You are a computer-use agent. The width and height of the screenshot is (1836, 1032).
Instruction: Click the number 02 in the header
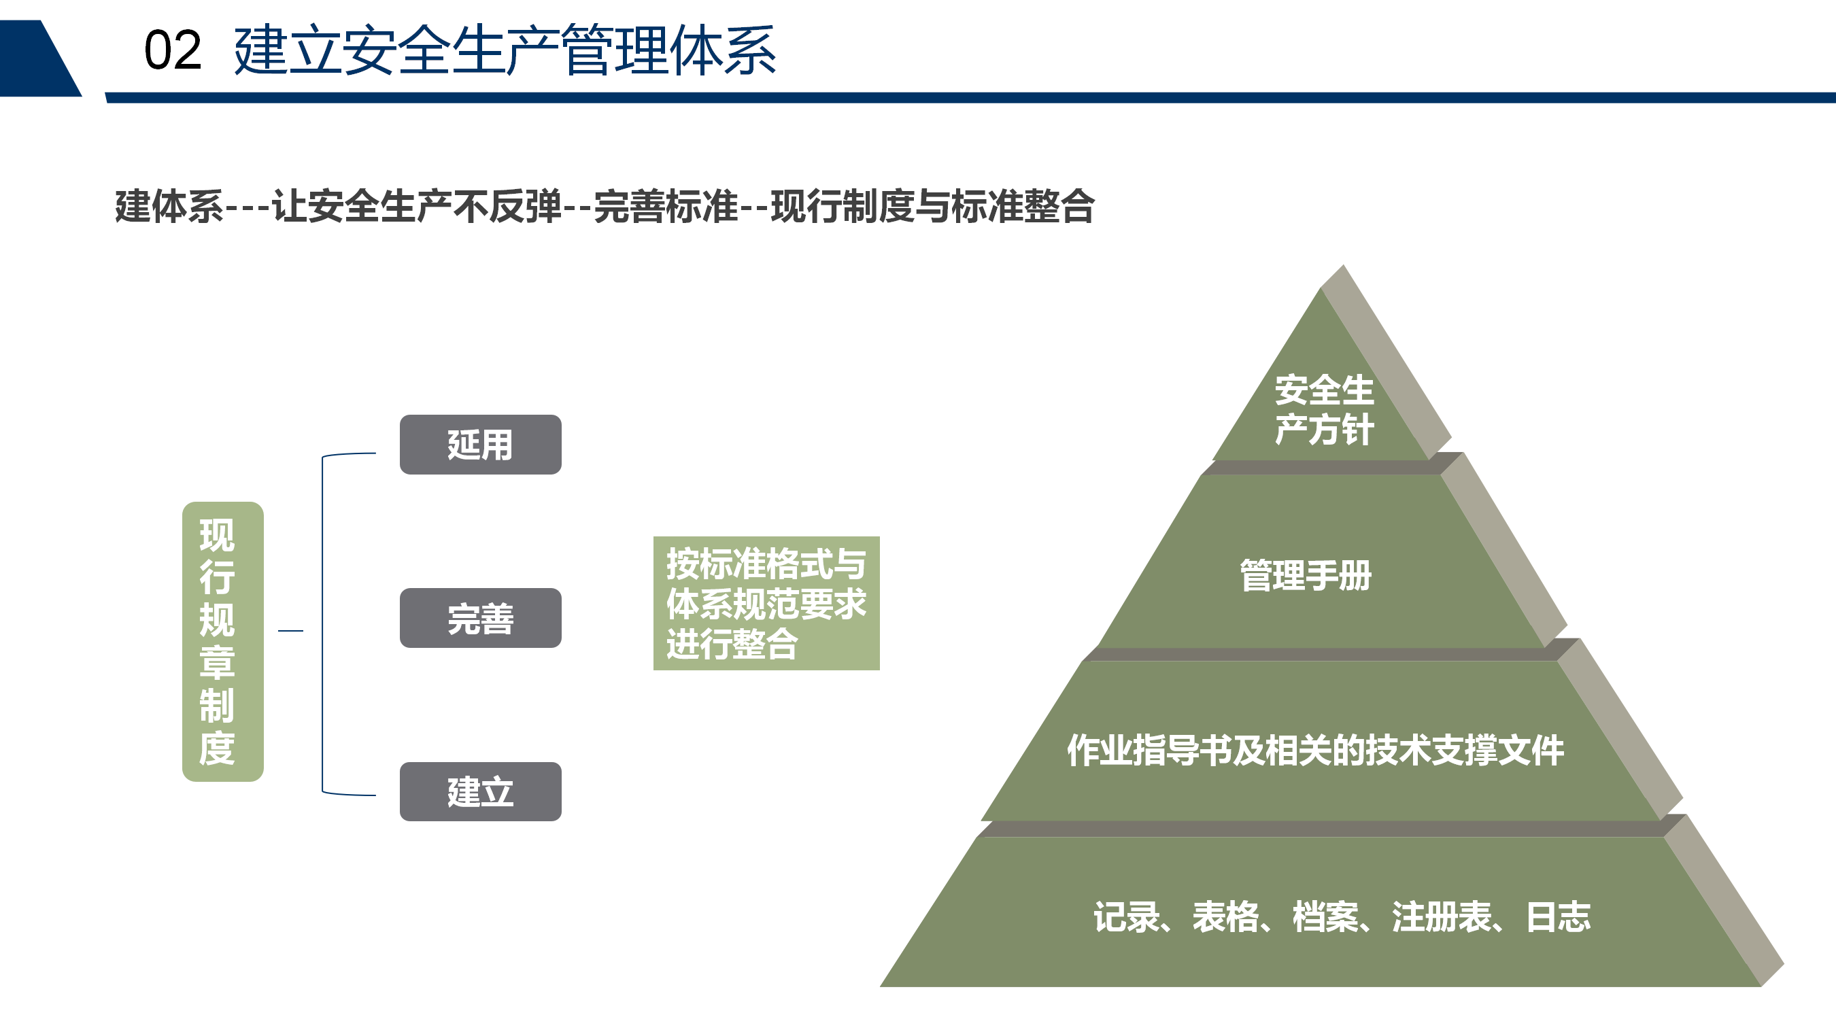coord(173,50)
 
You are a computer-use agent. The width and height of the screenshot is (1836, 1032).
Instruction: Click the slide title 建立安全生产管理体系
coord(505,50)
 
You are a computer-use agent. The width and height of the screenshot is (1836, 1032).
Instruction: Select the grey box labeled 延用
coord(480,445)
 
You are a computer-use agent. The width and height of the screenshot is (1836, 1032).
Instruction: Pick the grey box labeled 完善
coord(480,618)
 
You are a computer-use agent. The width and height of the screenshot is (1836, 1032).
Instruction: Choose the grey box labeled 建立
coord(480,792)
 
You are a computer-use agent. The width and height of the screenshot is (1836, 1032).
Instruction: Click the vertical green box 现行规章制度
coord(223,642)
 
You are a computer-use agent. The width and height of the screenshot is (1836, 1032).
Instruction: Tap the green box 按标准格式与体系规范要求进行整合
coord(766,603)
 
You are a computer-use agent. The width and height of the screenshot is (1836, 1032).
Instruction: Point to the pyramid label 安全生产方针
coord(1323,411)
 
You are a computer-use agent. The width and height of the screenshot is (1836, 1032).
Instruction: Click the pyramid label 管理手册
coord(1306,575)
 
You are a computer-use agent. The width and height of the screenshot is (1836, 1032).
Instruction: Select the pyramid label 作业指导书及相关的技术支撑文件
coord(1316,750)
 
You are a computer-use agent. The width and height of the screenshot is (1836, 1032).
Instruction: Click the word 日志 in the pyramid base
coord(1559,917)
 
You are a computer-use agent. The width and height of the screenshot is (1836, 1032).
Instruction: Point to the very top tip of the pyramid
coord(1344,265)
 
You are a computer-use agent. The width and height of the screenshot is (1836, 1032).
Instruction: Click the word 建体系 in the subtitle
coord(169,207)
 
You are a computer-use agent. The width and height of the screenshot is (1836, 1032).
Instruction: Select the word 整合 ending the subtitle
coord(1059,207)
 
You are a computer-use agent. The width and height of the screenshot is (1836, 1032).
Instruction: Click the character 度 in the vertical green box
coord(217,749)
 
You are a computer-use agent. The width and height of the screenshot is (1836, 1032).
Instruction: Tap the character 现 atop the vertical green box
coord(217,536)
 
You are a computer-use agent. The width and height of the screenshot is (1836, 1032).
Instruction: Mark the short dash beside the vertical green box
coord(291,631)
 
